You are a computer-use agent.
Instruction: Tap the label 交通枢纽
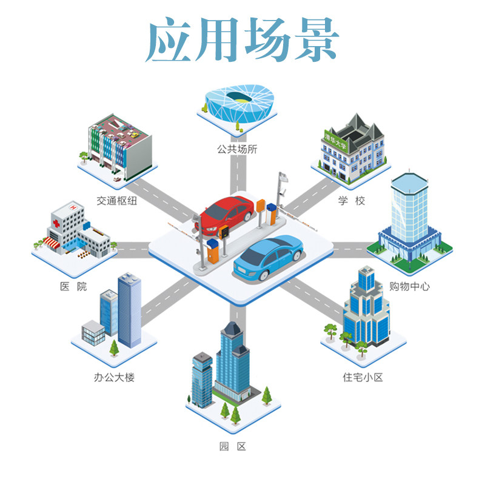coord(116,200)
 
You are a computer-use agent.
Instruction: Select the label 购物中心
coord(410,286)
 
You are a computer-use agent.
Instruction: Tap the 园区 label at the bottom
coord(233,447)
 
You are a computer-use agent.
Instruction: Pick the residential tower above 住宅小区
coord(365,312)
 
